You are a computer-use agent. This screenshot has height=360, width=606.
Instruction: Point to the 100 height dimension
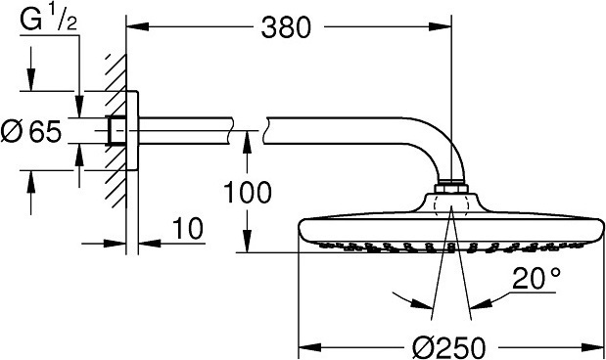point(247,192)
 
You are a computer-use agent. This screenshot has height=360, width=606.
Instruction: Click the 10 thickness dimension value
point(187,230)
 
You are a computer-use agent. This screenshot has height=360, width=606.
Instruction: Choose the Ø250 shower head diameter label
point(451,345)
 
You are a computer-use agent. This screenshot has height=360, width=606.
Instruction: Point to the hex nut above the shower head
point(451,186)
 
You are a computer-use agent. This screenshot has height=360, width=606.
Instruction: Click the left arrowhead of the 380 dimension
point(137,28)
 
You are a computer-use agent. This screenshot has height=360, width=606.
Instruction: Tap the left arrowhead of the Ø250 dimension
point(305,345)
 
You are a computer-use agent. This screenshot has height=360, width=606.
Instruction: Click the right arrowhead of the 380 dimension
point(445,28)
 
